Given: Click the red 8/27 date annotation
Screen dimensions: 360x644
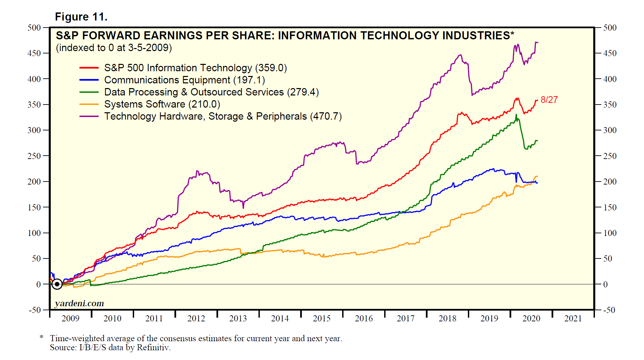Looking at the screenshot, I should point(549,100).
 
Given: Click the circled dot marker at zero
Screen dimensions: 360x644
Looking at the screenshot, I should point(57,284).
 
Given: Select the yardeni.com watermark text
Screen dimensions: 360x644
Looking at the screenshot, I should point(79,303).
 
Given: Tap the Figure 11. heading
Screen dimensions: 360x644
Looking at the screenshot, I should point(81,17).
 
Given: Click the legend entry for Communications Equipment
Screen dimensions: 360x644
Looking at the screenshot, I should point(184,80).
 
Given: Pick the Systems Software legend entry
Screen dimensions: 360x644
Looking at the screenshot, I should point(162,104).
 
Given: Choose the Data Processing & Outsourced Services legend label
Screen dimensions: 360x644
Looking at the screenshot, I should point(211,92).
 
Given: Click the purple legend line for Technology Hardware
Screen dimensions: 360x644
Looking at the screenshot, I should point(89,116).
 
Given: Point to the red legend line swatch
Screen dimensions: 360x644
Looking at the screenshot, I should point(89,68).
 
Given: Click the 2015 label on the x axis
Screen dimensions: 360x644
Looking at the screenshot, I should point(322,318).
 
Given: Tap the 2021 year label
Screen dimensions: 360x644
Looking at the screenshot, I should point(573,318).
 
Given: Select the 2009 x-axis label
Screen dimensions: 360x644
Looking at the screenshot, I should point(70,318).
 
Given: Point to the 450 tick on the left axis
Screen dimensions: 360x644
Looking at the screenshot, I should point(34,53).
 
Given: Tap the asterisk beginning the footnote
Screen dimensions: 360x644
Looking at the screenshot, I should point(42,337).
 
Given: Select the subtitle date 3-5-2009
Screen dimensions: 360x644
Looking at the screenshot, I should point(148,48).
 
